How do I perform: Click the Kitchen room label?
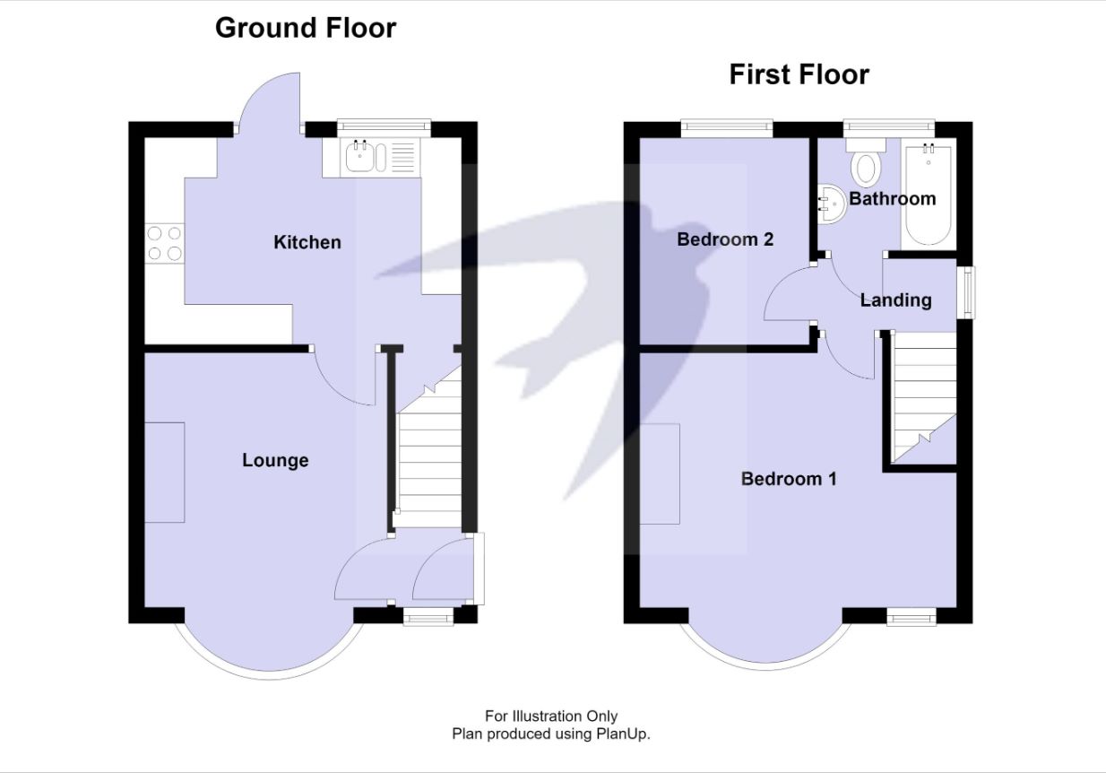click(x=307, y=242)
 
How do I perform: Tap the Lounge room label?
click(x=275, y=460)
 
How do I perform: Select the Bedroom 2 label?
click(x=725, y=239)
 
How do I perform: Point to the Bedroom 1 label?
click(x=789, y=479)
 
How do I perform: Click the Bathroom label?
click(x=892, y=198)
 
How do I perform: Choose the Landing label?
click(x=895, y=300)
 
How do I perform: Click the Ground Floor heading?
click(x=306, y=28)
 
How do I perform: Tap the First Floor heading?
click(x=799, y=74)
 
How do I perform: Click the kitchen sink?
click(x=380, y=158)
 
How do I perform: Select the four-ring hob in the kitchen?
click(x=164, y=244)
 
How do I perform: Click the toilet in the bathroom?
click(x=866, y=163)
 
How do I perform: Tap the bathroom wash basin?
click(x=832, y=204)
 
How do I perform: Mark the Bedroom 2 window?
click(x=726, y=128)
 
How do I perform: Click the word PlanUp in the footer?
click(x=623, y=734)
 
